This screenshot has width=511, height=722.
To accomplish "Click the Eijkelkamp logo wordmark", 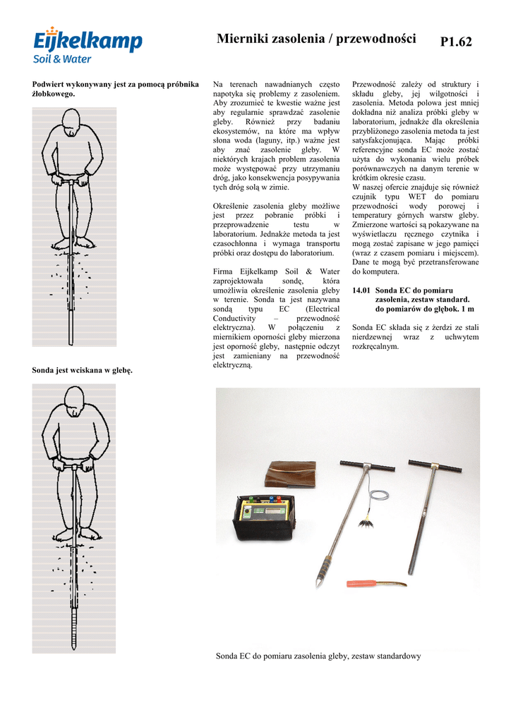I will click(88, 40).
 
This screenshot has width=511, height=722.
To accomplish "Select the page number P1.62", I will click(456, 42).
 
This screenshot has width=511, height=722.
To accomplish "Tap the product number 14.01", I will click(361, 290).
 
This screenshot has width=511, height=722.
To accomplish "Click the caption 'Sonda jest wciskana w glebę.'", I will click(83, 370).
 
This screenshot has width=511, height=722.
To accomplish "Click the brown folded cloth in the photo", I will click(290, 474).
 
